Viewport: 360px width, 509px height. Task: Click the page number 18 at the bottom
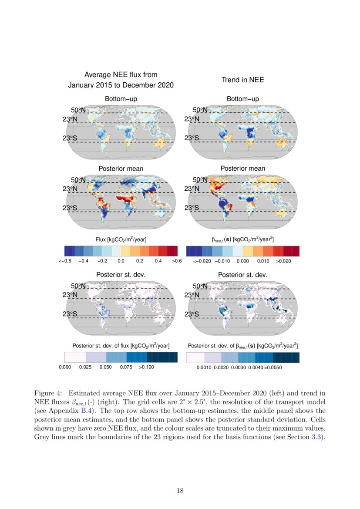click(180, 491)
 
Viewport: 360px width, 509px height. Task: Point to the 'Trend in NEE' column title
click(242, 80)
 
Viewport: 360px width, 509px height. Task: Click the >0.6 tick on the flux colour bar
click(176, 261)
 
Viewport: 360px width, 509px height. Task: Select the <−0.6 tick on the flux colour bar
click(65, 261)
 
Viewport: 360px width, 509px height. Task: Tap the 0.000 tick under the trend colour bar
click(242, 261)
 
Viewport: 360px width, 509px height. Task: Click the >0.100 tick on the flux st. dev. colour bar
click(146, 367)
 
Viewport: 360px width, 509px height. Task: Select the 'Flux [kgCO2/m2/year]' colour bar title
click(121, 239)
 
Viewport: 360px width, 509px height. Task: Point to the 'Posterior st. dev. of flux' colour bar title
click(121, 346)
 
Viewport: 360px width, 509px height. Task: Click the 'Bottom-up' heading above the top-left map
click(121, 99)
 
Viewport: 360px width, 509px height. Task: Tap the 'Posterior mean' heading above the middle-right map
click(242, 169)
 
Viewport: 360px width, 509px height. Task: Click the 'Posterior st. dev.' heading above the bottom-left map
click(121, 275)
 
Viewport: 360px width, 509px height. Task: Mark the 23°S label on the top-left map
click(71, 138)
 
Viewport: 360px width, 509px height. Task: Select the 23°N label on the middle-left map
click(71, 189)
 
